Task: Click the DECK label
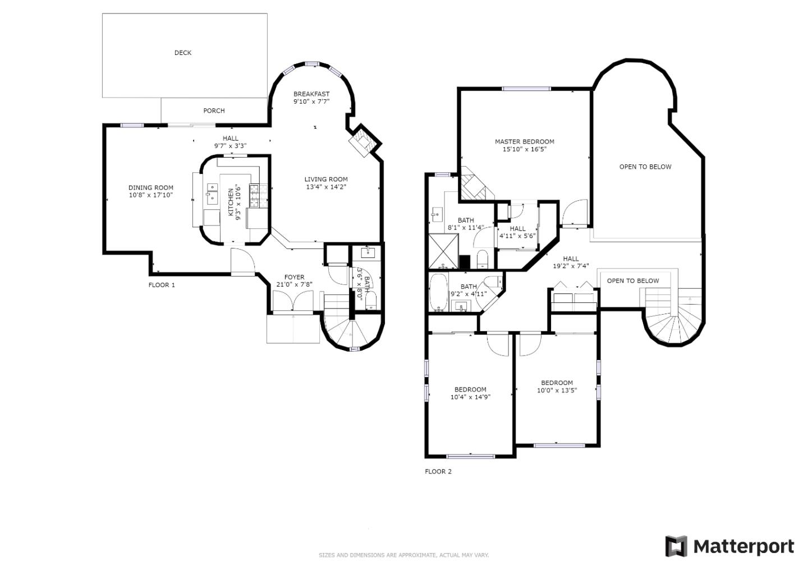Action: click(x=183, y=53)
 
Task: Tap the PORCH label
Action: click(x=214, y=110)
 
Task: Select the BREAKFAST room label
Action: click(x=311, y=94)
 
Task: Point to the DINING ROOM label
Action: click(x=151, y=187)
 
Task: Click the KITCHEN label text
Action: click(x=231, y=202)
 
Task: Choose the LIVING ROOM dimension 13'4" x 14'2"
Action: click(x=326, y=187)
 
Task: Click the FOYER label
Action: click(x=295, y=277)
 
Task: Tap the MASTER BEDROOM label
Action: click(x=525, y=142)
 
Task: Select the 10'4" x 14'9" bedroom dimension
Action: click(x=470, y=397)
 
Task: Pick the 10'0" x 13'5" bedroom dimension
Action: click(x=557, y=390)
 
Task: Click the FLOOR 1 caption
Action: click(x=162, y=285)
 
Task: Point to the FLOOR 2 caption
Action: click(x=438, y=472)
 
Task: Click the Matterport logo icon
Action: click(x=676, y=546)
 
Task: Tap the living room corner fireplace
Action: click(x=362, y=141)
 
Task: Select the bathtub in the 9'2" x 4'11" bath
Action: click(x=438, y=292)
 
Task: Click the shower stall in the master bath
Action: click(x=443, y=251)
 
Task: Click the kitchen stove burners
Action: click(x=258, y=195)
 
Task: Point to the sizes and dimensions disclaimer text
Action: click(x=403, y=555)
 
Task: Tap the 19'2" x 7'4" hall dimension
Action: click(x=571, y=266)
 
